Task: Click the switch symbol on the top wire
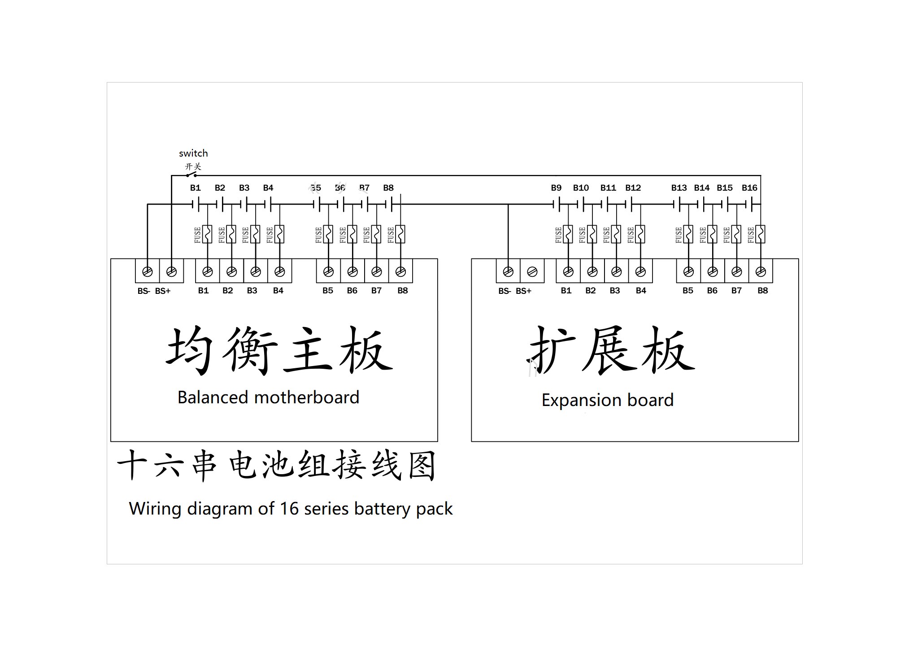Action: pos(191,174)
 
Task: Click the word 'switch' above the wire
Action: pos(193,153)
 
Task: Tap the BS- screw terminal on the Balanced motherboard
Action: pos(147,271)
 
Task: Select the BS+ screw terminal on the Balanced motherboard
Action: pos(171,271)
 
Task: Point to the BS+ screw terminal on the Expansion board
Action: pos(532,271)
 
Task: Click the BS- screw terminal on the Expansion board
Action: pos(508,271)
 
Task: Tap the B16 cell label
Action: pos(749,188)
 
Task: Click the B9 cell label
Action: pos(556,188)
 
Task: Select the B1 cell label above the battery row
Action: pos(195,188)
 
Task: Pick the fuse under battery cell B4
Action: pos(279,234)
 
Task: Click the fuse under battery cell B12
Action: pos(640,234)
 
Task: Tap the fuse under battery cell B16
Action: pos(761,234)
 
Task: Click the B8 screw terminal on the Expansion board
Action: pos(761,271)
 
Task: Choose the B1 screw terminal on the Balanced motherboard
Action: pos(207,271)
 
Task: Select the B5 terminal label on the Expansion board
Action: pos(688,291)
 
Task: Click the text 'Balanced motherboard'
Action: pos(268,397)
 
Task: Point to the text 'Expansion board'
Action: pos(608,400)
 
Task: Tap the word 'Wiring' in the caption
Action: pos(155,509)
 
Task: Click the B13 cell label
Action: pos(679,188)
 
